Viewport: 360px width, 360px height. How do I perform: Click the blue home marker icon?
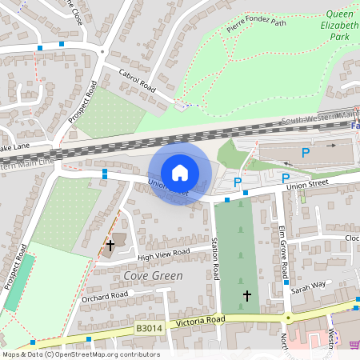180,173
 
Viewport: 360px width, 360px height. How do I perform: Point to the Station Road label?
214,259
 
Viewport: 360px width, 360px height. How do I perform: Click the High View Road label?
163,254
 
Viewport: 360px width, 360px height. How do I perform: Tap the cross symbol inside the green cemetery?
246,296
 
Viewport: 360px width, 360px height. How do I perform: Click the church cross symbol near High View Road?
110,245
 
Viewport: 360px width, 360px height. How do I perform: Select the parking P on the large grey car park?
305,152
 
